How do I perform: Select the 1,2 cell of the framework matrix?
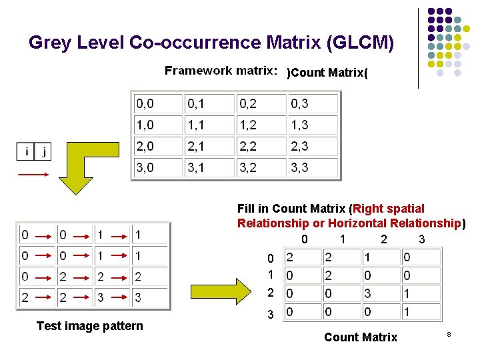pyautogui.click(x=261, y=125)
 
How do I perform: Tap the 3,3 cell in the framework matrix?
pyautogui.click(x=313, y=167)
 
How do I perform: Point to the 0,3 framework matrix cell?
pyautogui.click(x=313, y=103)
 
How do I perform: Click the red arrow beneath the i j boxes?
pyautogui.click(x=33, y=175)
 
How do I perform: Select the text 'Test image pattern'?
pyautogui.click(x=90, y=325)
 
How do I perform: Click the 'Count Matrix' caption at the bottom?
pyautogui.click(x=361, y=337)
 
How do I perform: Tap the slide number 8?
pyautogui.click(x=449, y=331)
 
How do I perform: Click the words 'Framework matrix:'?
pyautogui.click(x=221, y=71)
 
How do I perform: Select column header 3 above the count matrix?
pyautogui.click(x=421, y=239)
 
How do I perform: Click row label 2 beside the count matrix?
pyautogui.click(x=270, y=293)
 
